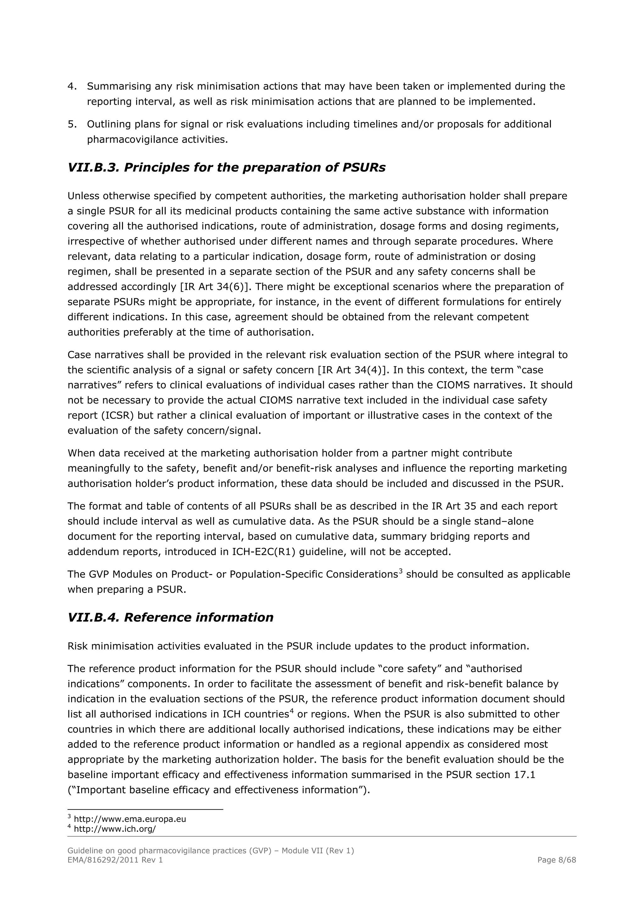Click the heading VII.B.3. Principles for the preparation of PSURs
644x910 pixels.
[226, 168]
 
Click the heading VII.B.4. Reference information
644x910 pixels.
[170, 617]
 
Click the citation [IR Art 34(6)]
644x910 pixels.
[214, 287]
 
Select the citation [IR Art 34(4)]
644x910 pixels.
[352, 370]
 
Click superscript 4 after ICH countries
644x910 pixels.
[291, 711]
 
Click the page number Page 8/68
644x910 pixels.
[556, 860]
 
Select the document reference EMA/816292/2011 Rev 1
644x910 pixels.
[115, 860]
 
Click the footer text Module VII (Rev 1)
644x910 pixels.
[318, 851]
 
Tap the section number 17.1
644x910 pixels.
[524, 775]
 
